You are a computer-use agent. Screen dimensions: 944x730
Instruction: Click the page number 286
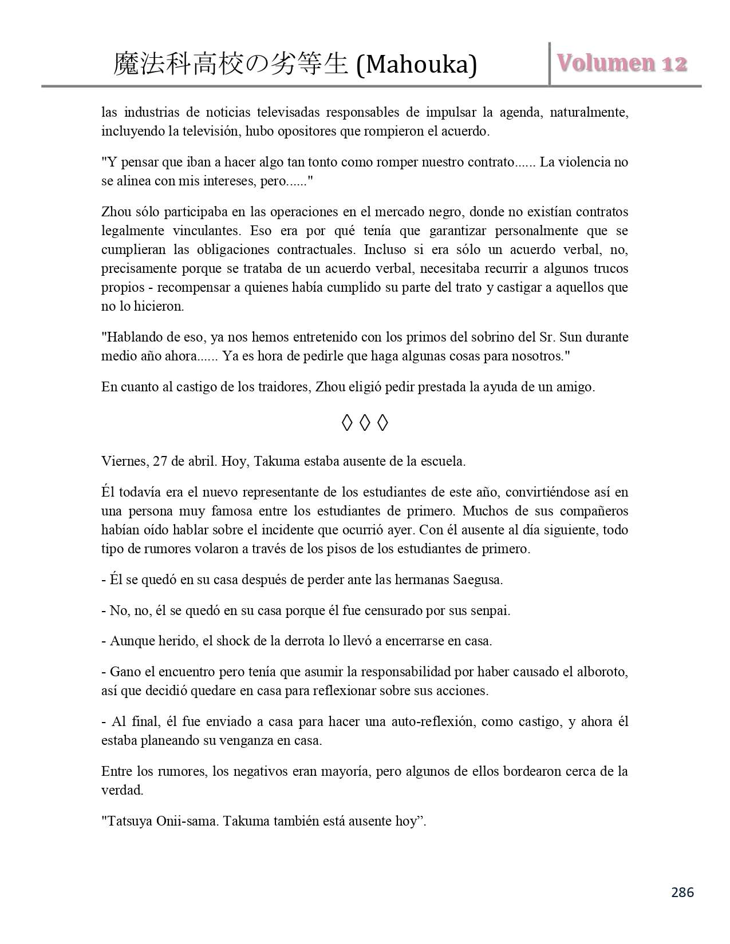(682, 892)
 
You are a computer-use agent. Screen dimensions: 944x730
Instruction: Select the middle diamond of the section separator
(364, 423)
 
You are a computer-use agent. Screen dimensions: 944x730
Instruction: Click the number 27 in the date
(160, 462)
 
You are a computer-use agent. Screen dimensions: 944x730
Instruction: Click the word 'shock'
(228, 641)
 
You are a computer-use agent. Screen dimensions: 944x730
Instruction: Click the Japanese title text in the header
(231, 64)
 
